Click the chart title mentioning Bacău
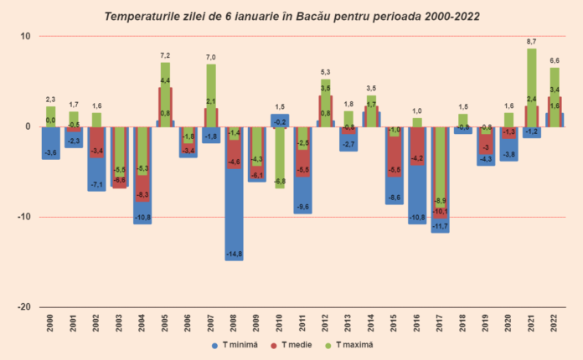pyautogui.click(x=291, y=16)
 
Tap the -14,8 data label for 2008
pyautogui.click(x=234, y=254)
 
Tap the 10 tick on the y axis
pyautogui.click(x=24, y=37)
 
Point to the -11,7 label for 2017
pyautogui.click(x=440, y=226)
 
